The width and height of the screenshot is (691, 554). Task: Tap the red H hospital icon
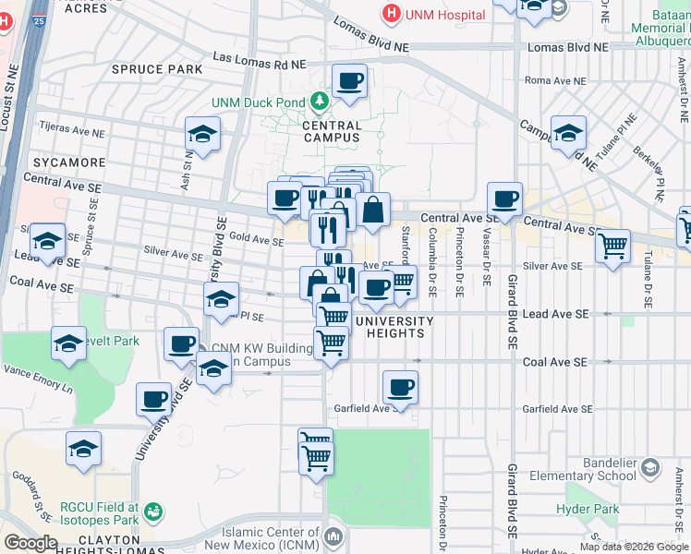click(x=392, y=14)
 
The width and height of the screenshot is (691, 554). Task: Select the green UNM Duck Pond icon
click(x=320, y=101)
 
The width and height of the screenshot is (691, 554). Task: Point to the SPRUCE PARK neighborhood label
click(x=143, y=69)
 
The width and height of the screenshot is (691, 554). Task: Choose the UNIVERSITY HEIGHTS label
click(x=394, y=327)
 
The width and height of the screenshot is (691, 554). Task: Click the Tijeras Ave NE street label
click(x=71, y=126)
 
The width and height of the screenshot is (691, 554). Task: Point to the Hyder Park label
click(x=588, y=509)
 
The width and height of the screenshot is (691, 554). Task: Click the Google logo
click(x=30, y=543)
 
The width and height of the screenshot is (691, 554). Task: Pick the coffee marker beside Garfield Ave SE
click(x=400, y=388)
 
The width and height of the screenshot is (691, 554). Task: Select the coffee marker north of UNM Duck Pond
click(x=349, y=81)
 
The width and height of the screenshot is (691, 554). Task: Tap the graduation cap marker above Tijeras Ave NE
click(x=202, y=135)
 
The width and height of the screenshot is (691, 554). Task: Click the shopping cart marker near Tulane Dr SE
click(x=612, y=247)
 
